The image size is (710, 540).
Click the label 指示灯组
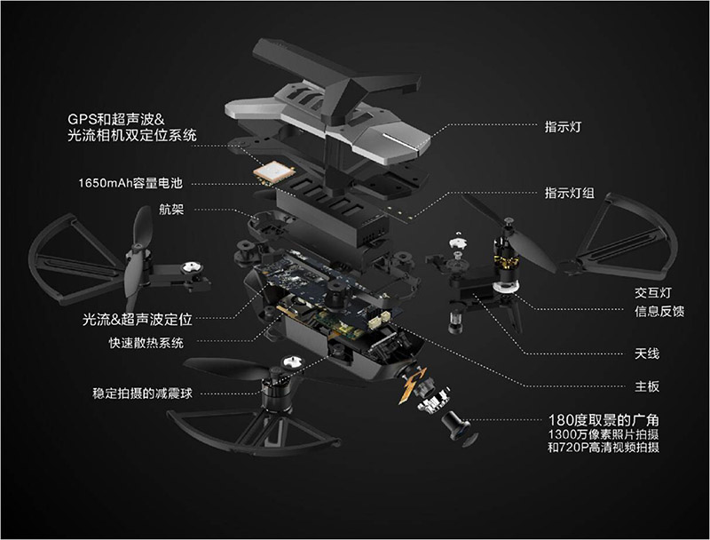point(569,193)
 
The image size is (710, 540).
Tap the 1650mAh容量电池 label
point(130,183)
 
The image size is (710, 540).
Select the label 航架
point(171,210)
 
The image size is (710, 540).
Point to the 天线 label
point(647,353)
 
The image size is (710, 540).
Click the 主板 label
point(647,386)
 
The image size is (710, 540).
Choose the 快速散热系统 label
point(146,343)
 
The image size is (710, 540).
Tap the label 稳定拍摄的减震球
point(143,393)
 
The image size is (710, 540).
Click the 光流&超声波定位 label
point(138,320)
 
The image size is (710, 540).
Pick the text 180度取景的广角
point(603,420)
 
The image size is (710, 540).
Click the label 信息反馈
point(659,312)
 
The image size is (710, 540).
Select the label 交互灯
point(653,293)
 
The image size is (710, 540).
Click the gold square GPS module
point(274,172)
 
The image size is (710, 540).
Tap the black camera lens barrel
point(456,425)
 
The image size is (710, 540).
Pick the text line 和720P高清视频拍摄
point(603,448)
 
